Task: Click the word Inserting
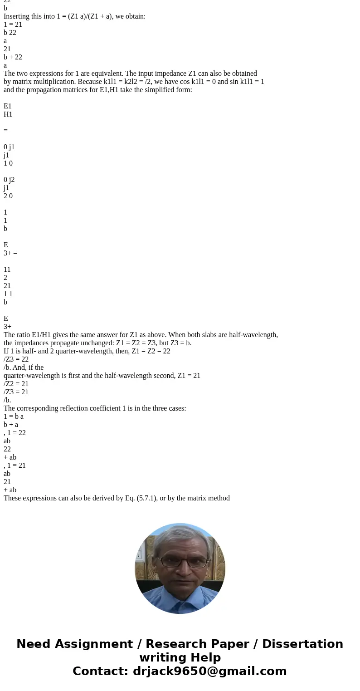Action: (18, 16)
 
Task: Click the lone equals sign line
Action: (5, 131)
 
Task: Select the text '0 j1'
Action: (9, 147)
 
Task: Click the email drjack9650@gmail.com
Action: (209, 671)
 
